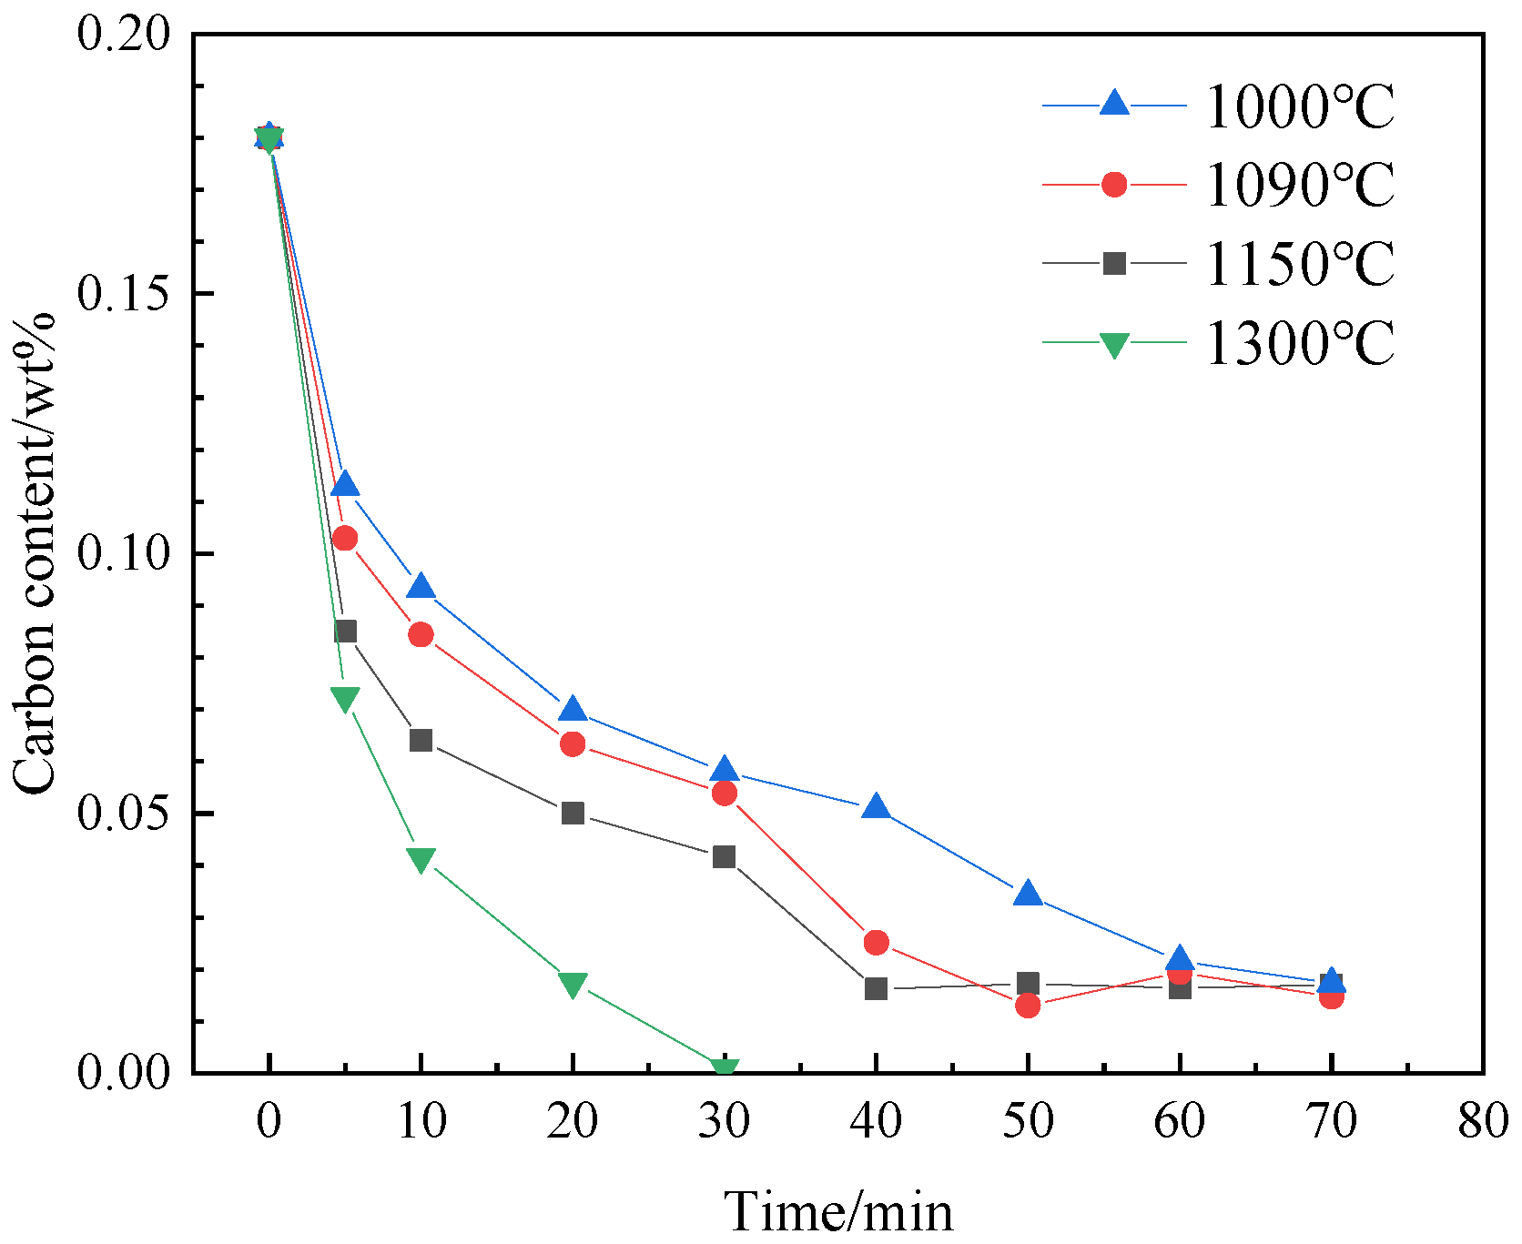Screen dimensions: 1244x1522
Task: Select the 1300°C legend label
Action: [x=1299, y=343]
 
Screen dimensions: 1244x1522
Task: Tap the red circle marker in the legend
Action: [x=1114, y=185]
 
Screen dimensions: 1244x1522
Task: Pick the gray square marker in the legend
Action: [x=1114, y=264]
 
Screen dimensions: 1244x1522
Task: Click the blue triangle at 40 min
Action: [x=876, y=806]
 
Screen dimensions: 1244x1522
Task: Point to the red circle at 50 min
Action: [x=1028, y=1005]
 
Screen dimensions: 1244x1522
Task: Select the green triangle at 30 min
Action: [x=725, y=1068]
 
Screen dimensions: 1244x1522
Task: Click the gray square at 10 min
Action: [x=421, y=740]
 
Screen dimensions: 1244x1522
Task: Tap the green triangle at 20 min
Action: [x=573, y=985]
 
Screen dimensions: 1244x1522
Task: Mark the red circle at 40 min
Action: [x=876, y=942]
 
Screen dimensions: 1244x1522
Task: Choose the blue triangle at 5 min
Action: [x=345, y=484]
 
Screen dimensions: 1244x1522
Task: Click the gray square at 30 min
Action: [x=725, y=856]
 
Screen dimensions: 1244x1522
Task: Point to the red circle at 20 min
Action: [x=573, y=743]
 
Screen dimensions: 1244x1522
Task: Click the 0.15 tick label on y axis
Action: [x=124, y=293]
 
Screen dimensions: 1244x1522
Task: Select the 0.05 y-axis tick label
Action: [x=124, y=813]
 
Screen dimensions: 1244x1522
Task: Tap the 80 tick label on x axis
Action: [x=1483, y=1120]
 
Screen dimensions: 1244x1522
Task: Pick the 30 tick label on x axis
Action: [x=725, y=1120]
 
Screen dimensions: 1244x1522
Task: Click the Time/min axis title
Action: [x=838, y=1211]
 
